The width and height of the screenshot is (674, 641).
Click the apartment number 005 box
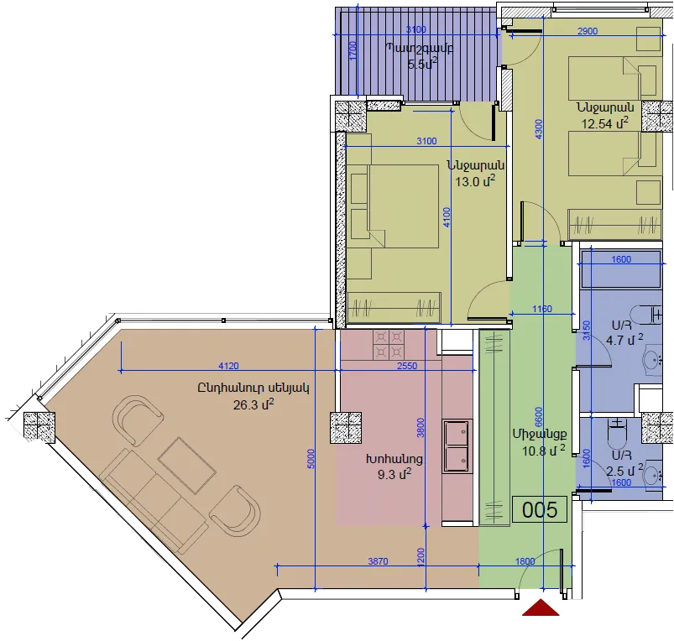coord(540,509)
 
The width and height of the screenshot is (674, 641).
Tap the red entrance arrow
coord(541,608)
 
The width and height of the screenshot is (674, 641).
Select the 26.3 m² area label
coord(253,404)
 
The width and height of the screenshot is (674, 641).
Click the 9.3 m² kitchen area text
coord(394,474)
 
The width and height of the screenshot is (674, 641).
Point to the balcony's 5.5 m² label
coord(422,64)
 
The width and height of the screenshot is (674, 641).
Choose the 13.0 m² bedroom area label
coord(475,181)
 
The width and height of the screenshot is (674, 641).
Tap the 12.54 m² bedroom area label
coord(605,123)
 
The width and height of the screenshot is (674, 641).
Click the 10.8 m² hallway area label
coord(543,451)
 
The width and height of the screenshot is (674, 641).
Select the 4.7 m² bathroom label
coord(624,340)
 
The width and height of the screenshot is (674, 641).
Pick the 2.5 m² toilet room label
coord(624,470)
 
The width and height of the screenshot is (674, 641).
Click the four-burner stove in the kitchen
coord(389,345)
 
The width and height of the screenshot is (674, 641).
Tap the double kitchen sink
coord(457,446)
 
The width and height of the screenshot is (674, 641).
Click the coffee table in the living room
coord(186,466)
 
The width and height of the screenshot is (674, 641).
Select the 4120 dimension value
coord(228,366)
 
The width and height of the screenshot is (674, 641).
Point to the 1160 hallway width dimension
coord(542,309)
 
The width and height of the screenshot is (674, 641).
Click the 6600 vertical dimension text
coord(539,417)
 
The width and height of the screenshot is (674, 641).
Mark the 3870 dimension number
coord(379,561)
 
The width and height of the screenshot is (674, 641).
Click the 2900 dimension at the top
coord(588,31)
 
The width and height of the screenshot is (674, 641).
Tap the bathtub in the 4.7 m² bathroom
coord(620,270)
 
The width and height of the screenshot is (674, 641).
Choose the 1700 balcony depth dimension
coord(353,51)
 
